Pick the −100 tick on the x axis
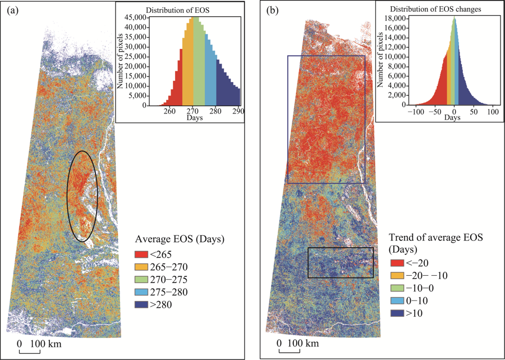(x=416, y=112)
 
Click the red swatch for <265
(x=141, y=255)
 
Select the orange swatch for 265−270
(x=141, y=267)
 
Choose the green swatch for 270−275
(x=141, y=280)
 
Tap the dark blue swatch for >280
(x=141, y=304)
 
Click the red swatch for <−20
(x=397, y=262)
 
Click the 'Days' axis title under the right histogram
(x=454, y=119)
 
